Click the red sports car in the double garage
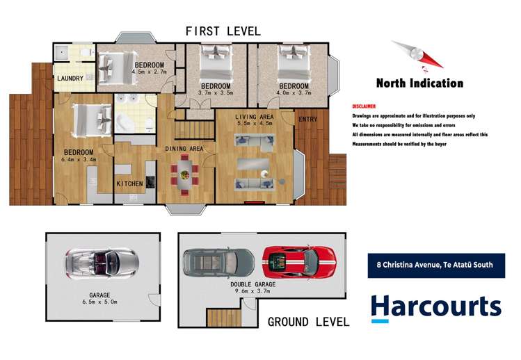(299, 261)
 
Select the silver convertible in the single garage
(102, 264)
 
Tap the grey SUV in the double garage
(219, 263)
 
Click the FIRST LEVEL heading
(223, 31)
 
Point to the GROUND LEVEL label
(308, 322)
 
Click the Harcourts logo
(436, 308)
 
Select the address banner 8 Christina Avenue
(436, 265)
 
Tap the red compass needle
(431, 60)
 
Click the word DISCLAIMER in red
(364, 106)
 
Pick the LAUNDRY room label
(70, 79)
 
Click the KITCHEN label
(129, 183)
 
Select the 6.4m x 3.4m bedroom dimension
(79, 160)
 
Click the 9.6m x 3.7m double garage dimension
(253, 291)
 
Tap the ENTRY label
(307, 120)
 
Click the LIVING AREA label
(255, 117)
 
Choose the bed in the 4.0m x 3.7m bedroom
(294, 63)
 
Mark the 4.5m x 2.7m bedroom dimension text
(149, 72)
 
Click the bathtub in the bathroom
(125, 122)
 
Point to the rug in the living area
(253, 164)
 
